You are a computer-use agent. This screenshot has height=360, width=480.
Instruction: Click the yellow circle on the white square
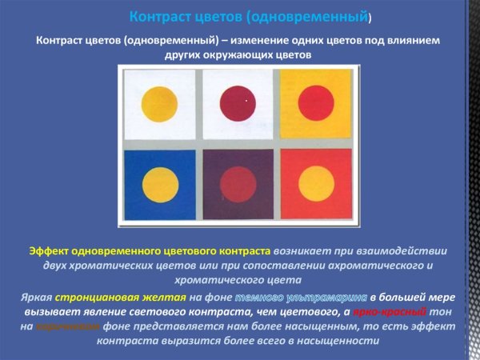(x=158, y=105)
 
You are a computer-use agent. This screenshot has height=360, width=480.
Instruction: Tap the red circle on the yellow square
(x=316, y=103)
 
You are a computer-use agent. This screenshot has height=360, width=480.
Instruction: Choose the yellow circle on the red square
(x=317, y=184)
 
